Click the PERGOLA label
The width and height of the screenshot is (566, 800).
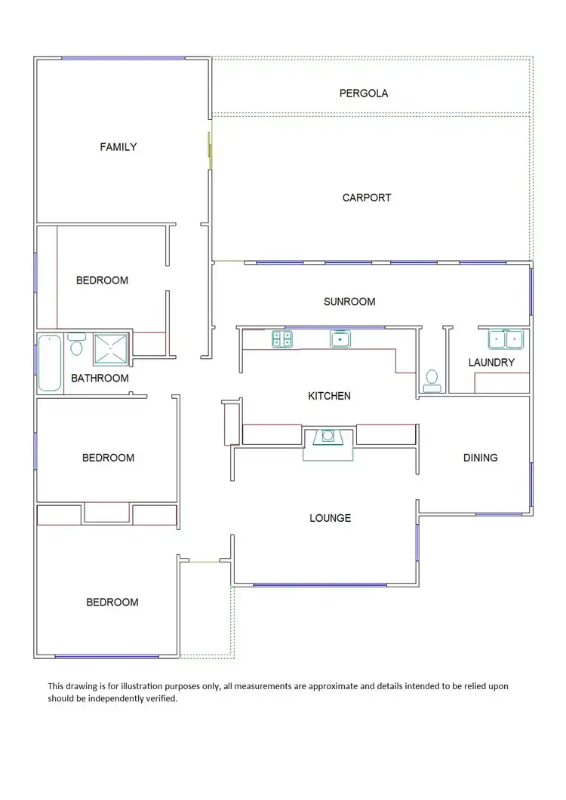pos(364,93)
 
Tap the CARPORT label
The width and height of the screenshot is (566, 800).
pos(367,198)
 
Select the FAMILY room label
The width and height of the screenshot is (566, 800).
pos(118,147)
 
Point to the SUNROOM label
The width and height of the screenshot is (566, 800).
pos(349,302)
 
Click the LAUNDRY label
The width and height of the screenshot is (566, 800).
pos(491,363)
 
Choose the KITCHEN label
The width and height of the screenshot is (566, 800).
pos(329,396)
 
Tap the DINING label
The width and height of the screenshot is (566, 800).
pos(481,458)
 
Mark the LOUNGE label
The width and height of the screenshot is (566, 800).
pos(330,518)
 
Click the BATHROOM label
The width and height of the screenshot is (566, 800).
pos(100,379)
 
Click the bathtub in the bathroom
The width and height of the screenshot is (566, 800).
pos(50,363)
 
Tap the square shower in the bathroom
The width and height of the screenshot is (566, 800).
pos(112,348)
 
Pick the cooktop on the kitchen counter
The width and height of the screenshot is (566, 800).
pos(282,339)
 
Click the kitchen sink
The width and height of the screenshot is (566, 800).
pos(340,339)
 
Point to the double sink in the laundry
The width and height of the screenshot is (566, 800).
pos(505,339)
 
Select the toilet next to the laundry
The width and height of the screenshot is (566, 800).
pos(432,379)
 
